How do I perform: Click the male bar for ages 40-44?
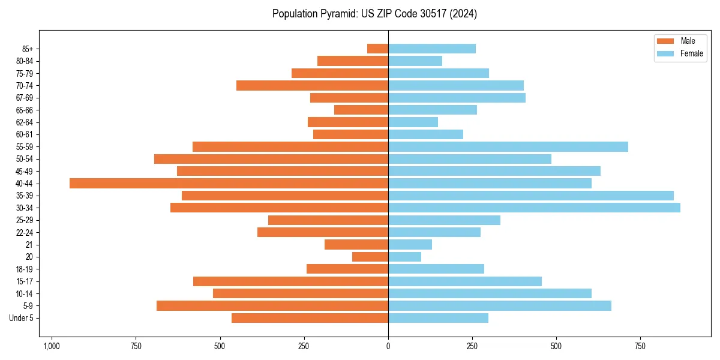pos(229,184)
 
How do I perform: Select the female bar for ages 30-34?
pos(534,208)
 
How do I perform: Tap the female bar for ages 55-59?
pos(508,147)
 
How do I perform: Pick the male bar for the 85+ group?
pos(377,49)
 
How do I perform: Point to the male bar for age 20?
pos(370,257)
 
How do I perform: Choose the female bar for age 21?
pos(410,245)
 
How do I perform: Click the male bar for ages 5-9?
pos(272,306)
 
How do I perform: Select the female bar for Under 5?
pos(438,318)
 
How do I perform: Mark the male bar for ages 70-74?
pos(312,86)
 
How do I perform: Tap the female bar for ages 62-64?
pos(413,122)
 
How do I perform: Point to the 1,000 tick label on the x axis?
pos(52,347)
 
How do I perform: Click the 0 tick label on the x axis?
pos(388,347)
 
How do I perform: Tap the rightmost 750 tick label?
pos(640,347)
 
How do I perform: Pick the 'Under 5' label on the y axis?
pos(21,318)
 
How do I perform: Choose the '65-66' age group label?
pos(24,110)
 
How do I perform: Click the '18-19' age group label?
pos(24,269)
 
